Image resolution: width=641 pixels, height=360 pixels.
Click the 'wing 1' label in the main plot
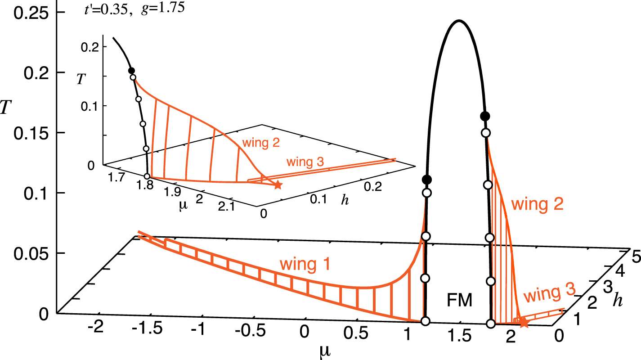[x=305, y=265]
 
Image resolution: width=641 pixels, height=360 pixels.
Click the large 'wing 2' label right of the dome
[x=537, y=205]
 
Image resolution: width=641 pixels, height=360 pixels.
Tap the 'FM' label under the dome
[x=460, y=300]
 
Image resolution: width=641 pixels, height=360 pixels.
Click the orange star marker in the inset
[x=278, y=185]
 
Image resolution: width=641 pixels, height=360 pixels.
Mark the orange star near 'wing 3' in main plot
[x=523, y=321]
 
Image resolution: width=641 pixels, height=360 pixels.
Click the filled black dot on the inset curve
[x=131, y=71]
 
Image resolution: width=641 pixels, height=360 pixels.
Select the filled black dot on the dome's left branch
[x=427, y=180]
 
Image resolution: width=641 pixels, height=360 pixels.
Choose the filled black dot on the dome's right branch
[x=485, y=116]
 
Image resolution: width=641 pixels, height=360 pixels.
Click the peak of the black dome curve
[x=458, y=21]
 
